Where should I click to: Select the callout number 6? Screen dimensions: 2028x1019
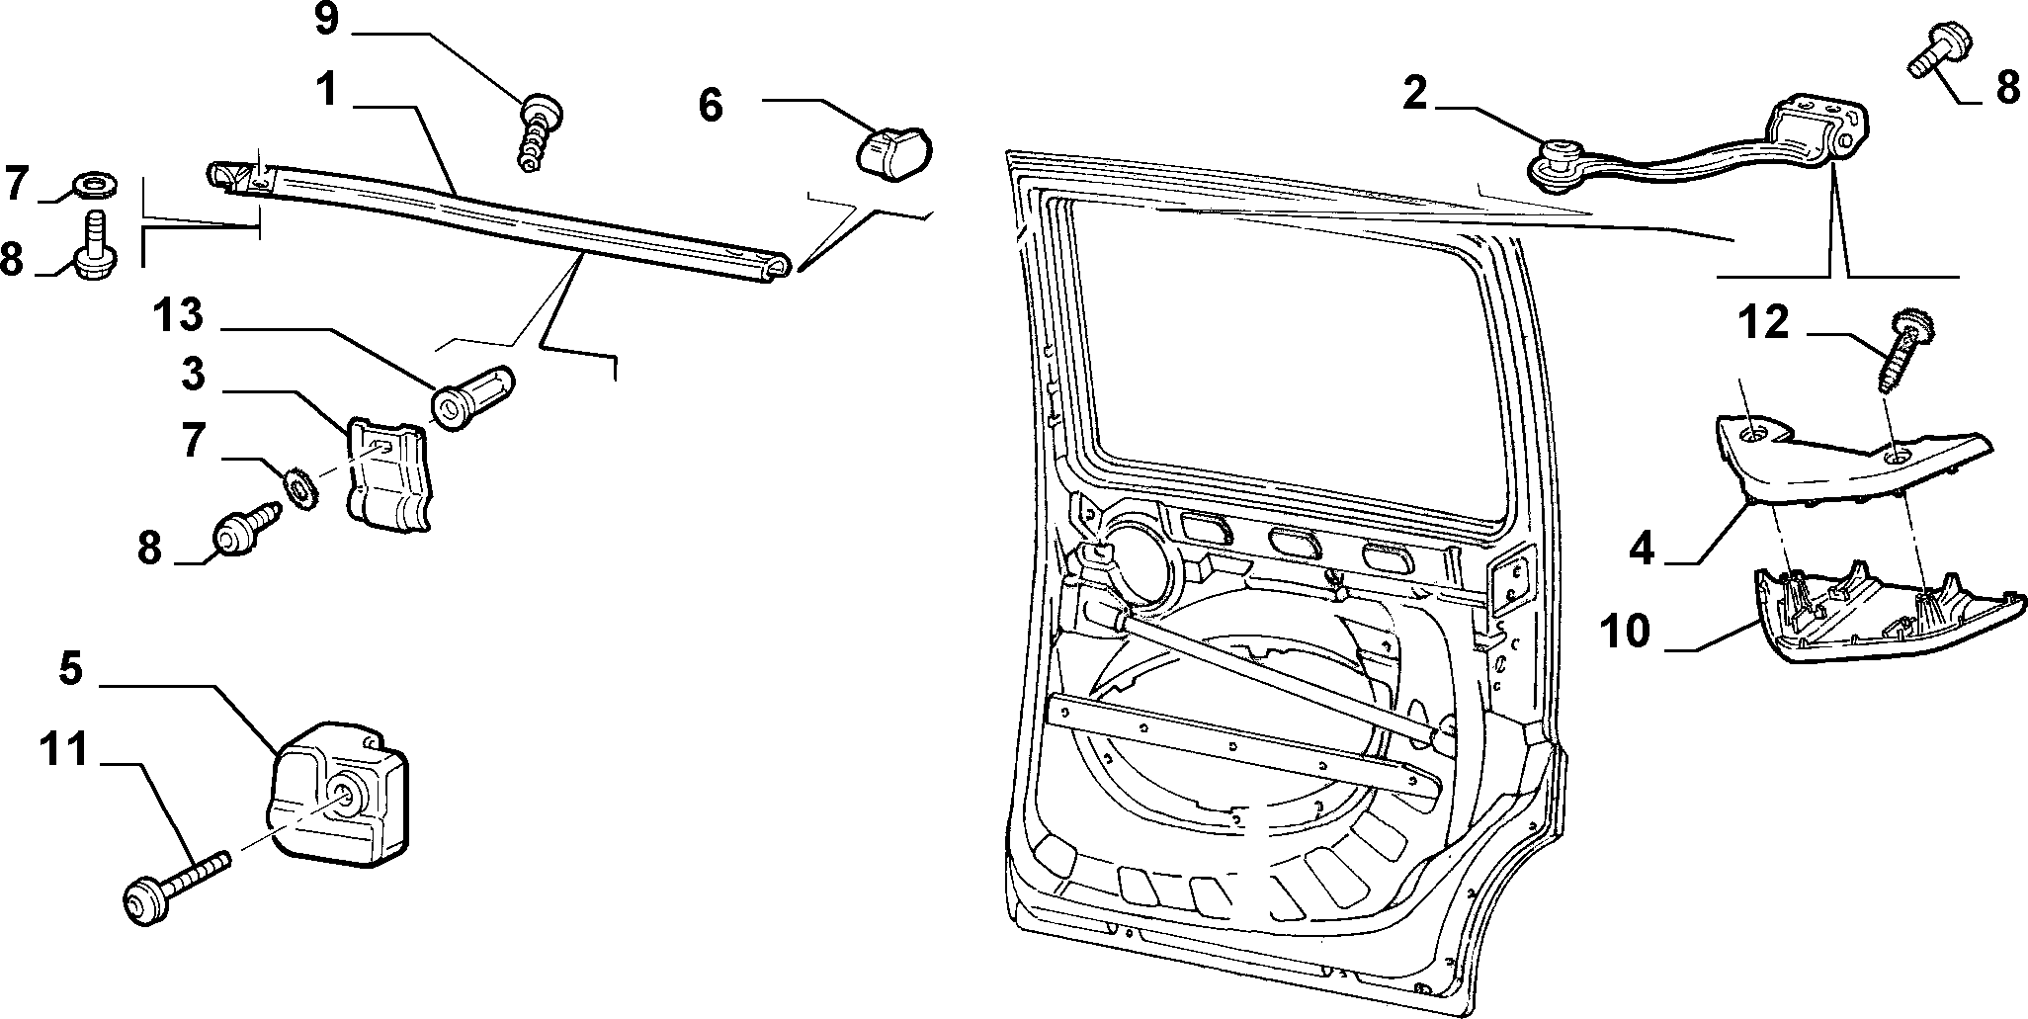point(711,103)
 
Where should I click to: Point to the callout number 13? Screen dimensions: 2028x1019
point(178,317)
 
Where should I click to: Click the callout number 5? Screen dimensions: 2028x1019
point(70,669)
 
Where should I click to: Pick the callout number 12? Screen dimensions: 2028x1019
point(1763,322)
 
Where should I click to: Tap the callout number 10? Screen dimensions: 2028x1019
point(1625,631)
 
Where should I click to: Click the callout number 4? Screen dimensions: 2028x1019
point(1642,549)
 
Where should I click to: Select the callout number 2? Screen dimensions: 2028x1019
point(1414,93)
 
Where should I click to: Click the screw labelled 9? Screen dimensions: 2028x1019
point(538,132)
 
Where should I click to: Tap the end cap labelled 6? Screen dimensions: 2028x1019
point(892,150)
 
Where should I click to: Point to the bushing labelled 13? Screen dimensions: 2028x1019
point(472,395)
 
